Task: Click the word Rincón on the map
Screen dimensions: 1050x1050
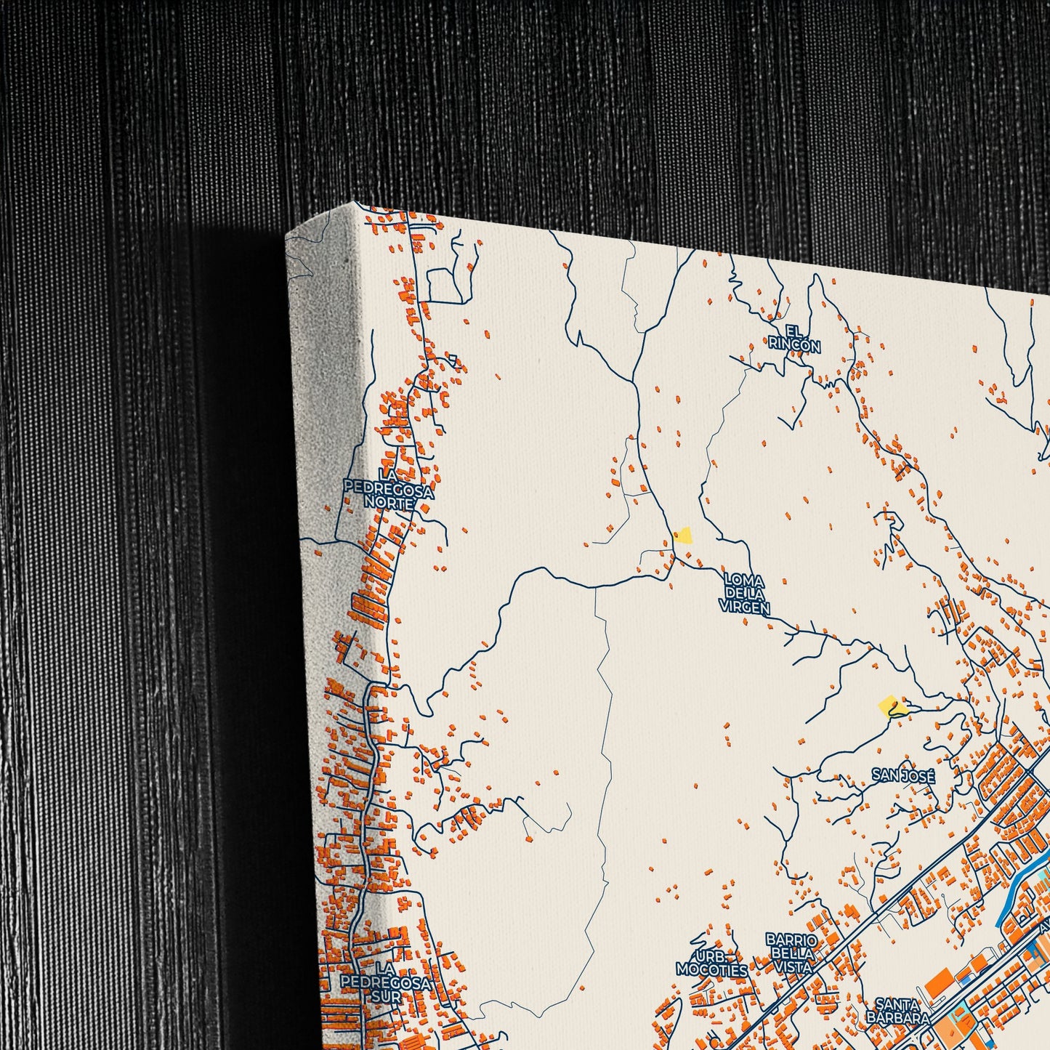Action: coord(794,347)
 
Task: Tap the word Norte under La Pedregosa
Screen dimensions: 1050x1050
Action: coord(389,503)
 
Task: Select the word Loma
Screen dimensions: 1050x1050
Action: coord(744,581)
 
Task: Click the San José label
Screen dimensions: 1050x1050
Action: coord(903,776)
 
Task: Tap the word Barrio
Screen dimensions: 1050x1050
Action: coord(791,940)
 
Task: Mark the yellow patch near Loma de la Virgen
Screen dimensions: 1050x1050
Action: coord(682,536)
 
